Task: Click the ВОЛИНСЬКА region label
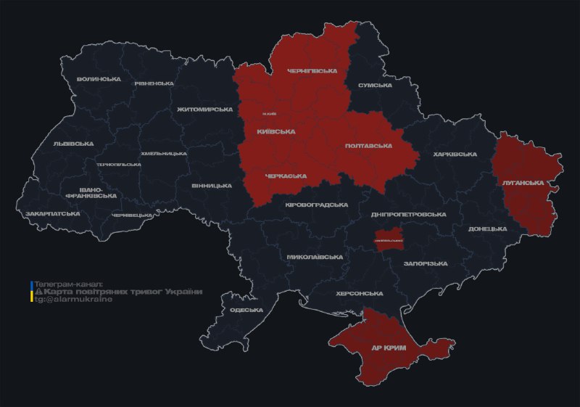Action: click(x=99, y=78)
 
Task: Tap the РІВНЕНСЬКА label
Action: click(x=154, y=83)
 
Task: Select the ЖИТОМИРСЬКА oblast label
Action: click(x=204, y=110)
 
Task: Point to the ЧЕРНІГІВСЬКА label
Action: click(x=312, y=71)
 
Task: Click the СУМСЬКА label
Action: click(x=375, y=86)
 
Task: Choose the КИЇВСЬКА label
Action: click(x=275, y=132)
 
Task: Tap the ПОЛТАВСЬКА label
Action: click(x=368, y=146)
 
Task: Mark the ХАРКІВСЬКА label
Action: click(x=455, y=155)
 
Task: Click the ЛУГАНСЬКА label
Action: click(x=523, y=183)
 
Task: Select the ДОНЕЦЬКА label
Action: click(x=487, y=229)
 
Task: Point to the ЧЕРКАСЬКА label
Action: click(x=286, y=176)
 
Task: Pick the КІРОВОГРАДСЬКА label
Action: click(x=316, y=205)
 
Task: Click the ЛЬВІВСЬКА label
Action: click(x=73, y=144)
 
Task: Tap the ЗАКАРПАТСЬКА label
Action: click(x=53, y=214)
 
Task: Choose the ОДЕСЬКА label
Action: click(x=246, y=310)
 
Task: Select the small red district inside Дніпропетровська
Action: click(x=389, y=240)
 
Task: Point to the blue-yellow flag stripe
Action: click(x=32, y=291)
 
